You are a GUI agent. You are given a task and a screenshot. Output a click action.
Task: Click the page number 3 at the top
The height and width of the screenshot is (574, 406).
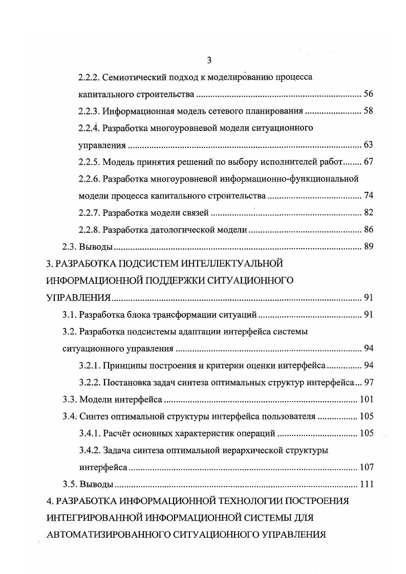[x=209, y=61]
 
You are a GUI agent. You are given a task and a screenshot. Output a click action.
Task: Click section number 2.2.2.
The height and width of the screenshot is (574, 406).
[x=89, y=78]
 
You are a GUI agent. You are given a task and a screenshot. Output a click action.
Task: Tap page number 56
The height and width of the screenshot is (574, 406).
[x=368, y=95]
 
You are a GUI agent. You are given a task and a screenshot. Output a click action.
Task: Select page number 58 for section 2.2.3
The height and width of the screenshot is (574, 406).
[x=368, y=112]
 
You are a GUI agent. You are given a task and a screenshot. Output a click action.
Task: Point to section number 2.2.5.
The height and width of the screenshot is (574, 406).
[x=89, y=162]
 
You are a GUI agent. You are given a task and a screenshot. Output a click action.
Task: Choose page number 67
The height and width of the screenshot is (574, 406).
[x=368, y=162]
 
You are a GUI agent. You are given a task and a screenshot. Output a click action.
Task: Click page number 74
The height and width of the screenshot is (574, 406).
[x=368, y=196]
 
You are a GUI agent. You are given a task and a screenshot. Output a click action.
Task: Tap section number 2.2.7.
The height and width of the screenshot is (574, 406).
[x=89, y=213]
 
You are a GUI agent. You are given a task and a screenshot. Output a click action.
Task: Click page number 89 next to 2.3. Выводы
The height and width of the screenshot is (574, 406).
[x=368, y=247]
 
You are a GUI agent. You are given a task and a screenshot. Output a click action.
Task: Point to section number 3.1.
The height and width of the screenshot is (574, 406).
[x=70, y=315]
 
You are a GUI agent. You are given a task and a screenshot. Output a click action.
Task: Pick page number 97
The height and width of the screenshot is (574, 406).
[x=368, y=382]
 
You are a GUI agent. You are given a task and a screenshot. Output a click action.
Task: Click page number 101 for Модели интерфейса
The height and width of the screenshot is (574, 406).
[x=366, y=399]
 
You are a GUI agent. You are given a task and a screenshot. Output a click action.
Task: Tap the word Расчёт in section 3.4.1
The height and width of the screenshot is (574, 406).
[x=117, y=433]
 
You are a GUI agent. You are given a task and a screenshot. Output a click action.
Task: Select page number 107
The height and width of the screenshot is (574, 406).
[x=366, y=467]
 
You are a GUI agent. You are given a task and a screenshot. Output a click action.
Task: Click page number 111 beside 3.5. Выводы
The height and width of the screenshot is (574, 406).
[x=366, y=484]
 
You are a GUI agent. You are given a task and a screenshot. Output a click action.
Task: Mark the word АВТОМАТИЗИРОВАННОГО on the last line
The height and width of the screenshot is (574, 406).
[x=106, y=535]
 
